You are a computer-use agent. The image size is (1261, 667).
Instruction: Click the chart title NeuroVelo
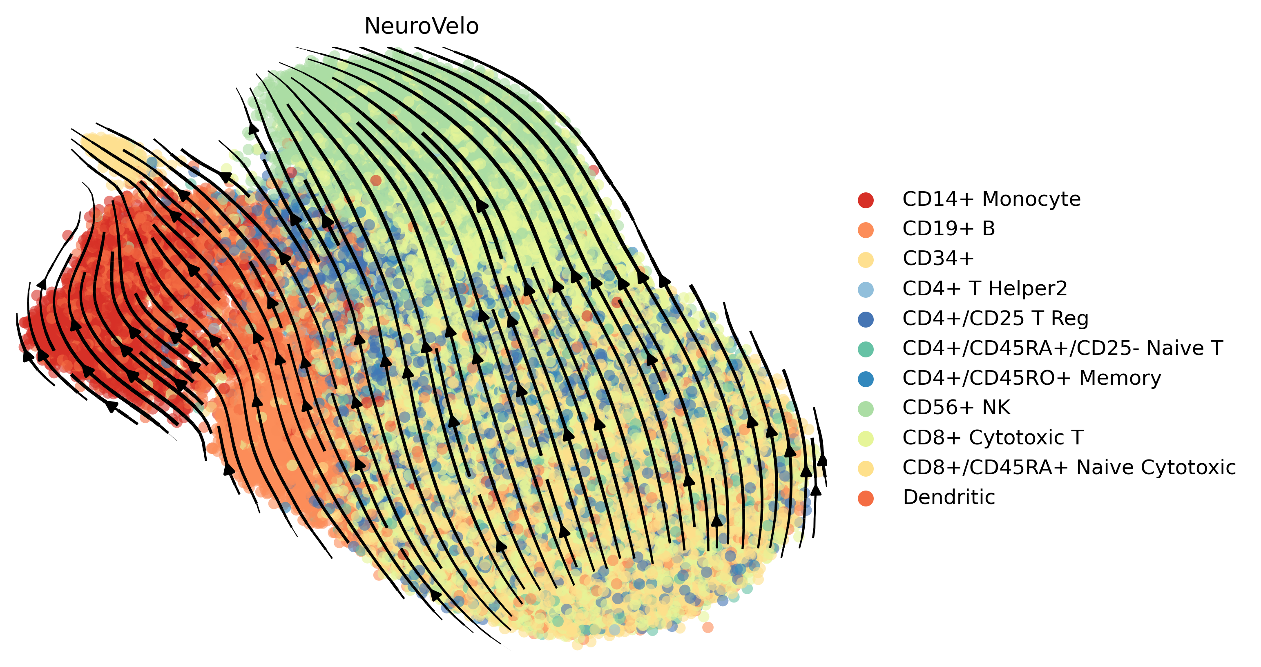422,27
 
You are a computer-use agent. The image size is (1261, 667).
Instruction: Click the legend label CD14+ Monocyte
991,199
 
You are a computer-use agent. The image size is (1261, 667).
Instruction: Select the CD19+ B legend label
949,229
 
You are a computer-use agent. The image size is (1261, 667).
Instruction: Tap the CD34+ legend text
938,259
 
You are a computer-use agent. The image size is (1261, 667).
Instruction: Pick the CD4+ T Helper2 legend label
984,288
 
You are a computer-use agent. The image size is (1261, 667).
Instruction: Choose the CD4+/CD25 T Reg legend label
995,318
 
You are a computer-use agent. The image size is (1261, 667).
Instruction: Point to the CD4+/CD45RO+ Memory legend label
1031,378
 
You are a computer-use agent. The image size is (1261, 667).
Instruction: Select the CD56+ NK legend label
956,407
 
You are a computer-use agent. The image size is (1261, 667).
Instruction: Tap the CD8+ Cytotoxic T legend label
993,437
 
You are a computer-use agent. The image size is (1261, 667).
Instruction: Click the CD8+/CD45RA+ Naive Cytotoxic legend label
1069,467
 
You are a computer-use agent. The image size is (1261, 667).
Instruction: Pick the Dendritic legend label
949,497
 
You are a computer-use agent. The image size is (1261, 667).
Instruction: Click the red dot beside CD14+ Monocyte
866,200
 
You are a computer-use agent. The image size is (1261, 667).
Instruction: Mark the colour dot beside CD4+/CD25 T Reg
866,319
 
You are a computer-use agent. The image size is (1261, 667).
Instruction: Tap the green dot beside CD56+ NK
866,408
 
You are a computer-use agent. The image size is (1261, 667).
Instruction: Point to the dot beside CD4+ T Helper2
866,289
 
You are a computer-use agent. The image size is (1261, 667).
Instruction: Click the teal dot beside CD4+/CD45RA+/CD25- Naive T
866,349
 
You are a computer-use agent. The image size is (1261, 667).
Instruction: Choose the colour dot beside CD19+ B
866,230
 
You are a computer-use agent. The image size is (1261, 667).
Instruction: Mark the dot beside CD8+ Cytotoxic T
866,438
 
